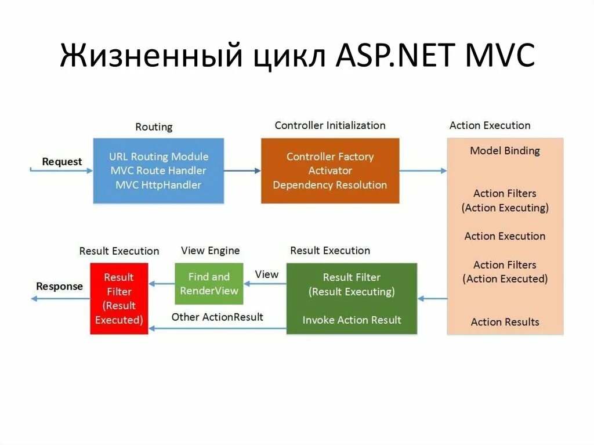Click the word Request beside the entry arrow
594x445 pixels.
(62, 162)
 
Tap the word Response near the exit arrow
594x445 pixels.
(59, 286)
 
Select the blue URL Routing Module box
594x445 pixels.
(158, 171)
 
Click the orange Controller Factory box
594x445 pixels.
(329, 171)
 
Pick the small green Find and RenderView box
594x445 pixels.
(209, 284)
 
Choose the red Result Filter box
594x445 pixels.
(119, 298)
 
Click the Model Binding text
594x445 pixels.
(505, 151)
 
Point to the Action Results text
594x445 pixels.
(505, 322)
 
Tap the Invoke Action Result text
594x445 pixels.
(352, 320)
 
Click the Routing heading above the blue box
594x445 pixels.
(154, 126)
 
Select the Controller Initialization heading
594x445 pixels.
(329, 125)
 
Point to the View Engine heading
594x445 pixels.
(210, 251)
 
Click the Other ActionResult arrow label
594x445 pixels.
(217, 317)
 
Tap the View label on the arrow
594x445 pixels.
(267, 274)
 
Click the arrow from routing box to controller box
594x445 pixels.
(242, 171)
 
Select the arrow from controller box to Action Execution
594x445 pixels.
(423, 171)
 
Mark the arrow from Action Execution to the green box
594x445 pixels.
(432, 299)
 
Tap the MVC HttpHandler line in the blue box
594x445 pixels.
(158, 185)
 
